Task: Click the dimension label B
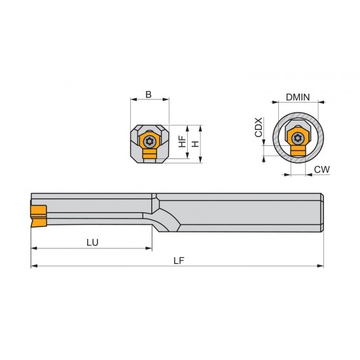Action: [x=149, y=94]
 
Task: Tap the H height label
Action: [x=194, y=141]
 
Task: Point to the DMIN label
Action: [x=298, y=97]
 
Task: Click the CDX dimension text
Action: [x=259, y=127]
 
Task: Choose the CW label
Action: [x=321, y=170]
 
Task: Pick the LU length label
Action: [x=92, y=242]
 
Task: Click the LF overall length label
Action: [x=178, y=260]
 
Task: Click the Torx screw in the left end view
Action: [x=150, y=140]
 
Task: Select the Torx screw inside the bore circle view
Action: [x=298, y=137]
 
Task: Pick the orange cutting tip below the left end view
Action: [x=150, y=155]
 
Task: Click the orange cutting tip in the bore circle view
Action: [x=298, y=152]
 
